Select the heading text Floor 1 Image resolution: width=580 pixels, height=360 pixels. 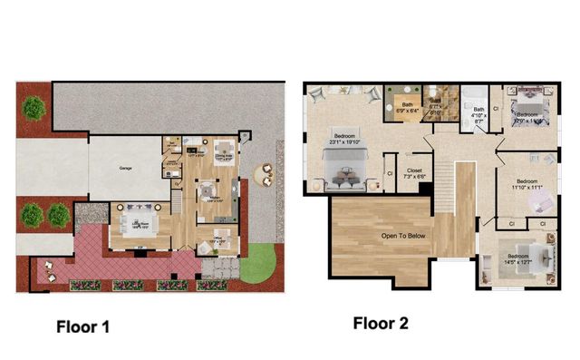[x=83, y=326]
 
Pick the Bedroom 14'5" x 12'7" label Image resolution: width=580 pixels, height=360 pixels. [x=518, y=258]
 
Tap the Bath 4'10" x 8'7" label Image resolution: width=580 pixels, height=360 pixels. [x=478, y=114]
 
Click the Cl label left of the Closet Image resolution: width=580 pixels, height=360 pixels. [x=388, y=171]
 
